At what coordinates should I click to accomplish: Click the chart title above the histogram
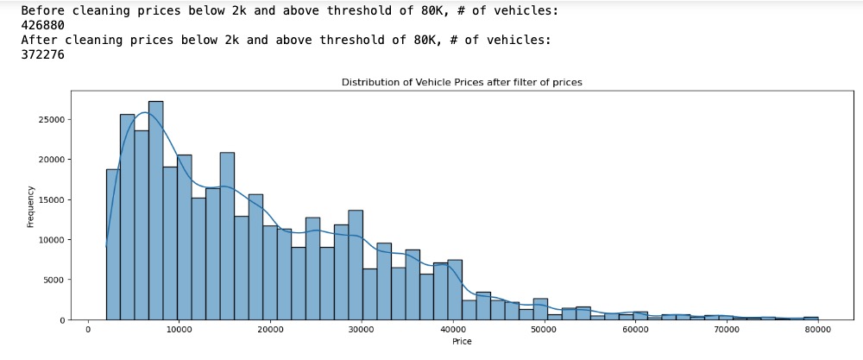[462, 82]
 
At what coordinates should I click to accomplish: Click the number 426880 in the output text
[42, 25]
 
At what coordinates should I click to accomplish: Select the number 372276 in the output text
[42, 54]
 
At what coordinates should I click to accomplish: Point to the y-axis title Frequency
[31, 206]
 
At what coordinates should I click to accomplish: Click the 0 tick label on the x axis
[88, 330]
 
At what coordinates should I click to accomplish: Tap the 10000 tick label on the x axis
[179, 330]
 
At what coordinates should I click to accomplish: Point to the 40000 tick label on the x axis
[452, 330]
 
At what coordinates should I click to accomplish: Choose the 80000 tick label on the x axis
[816, 330]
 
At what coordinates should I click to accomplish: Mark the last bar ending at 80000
[810, 318]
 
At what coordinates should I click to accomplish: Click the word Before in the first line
[42, 10]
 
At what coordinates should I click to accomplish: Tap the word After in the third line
[39, 40]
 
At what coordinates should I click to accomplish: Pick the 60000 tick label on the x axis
[634, 330]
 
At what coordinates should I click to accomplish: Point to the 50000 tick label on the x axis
[544, 330]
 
